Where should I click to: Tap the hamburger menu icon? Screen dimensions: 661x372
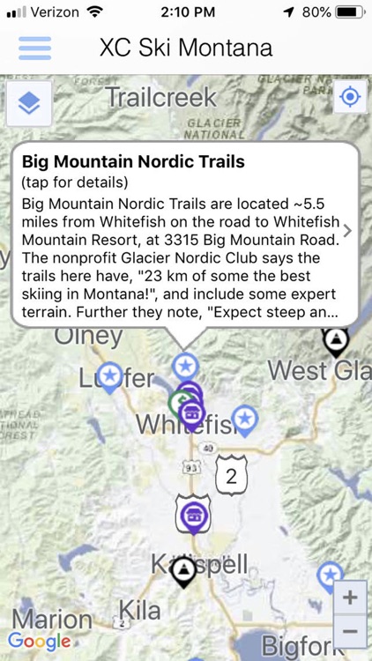(x=34, y=48)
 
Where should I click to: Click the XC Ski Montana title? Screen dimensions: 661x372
(x=186, y=48)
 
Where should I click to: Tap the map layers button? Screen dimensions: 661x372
(x=29, y=103)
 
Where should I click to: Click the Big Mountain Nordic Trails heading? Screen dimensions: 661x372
(x=133, y=162)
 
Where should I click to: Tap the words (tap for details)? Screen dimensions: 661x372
(x=75, y=182)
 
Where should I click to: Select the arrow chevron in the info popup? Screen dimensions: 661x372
(x=347, y=231)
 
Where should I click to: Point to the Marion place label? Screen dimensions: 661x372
(x=51, y=619)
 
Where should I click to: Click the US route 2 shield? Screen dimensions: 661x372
(x=231, y=477)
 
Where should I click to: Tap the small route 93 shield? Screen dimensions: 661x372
(x=191, y=468)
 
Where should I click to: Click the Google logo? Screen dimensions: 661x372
(x=39, y=642)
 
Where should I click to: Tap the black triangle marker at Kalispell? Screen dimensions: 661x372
(x=184, y=573)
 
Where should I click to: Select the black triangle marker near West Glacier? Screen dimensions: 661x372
(x=335, y=341)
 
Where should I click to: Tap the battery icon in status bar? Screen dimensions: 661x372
(x=350, y=12)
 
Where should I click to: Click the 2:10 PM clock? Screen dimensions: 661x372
(x=186, y=12)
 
